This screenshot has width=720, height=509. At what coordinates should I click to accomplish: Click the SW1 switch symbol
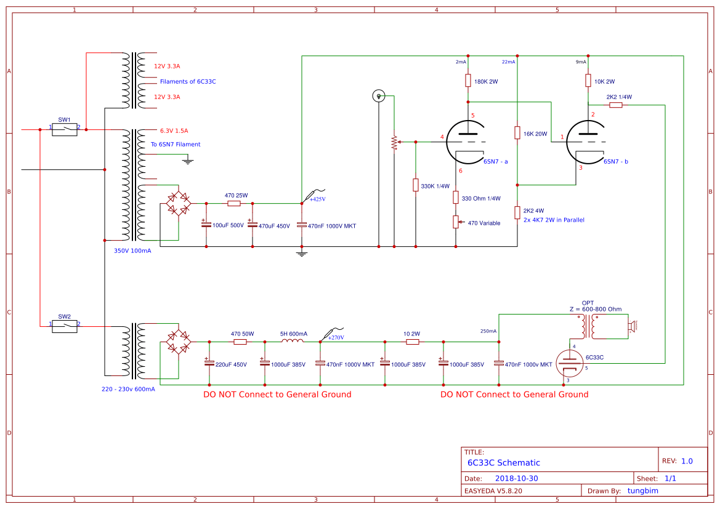[65, 129]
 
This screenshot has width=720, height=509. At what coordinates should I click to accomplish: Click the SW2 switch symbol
[65, 326]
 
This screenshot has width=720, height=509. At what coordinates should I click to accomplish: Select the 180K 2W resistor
[467, 81]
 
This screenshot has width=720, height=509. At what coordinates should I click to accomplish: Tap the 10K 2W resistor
[588, 81]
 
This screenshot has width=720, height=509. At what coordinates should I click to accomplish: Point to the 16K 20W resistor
[517, 133]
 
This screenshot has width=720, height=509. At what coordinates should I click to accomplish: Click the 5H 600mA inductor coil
[293, 341]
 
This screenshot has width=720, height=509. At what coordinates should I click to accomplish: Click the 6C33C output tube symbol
[569, 363]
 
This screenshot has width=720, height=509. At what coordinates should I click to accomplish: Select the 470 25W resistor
[234, 203]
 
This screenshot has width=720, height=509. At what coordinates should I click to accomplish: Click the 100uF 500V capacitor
[206, 225]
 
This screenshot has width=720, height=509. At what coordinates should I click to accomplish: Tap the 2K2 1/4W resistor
[616, 105]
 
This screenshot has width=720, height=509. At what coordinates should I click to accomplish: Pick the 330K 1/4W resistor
[416, 185]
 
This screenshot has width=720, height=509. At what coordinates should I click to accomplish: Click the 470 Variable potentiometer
[456, 222]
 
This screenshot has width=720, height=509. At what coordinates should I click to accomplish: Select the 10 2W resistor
[412, 342]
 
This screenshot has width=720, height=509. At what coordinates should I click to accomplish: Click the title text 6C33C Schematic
[503, 463]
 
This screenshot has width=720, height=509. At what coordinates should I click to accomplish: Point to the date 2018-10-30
[517, 478]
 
